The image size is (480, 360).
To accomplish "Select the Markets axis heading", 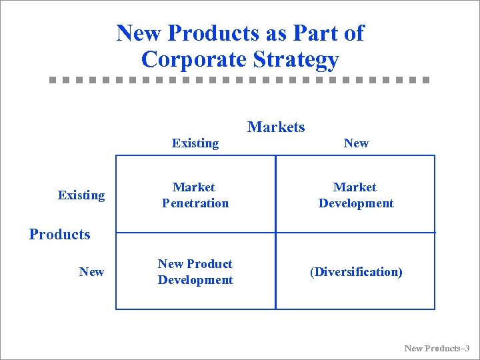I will (276, 127).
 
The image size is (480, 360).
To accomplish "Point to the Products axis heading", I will (59, 234).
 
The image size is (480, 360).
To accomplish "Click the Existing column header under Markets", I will (195, 143).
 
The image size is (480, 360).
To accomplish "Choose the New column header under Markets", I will (356, 143).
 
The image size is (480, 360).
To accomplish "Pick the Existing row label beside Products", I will (81, 195).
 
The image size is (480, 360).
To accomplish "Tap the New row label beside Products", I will (91, 271).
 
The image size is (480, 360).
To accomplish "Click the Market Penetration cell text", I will (195, 195).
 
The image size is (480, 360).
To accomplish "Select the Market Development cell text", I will (356, 195).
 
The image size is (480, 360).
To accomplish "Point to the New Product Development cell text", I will (195, 272).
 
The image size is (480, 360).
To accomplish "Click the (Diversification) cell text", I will (356, 272).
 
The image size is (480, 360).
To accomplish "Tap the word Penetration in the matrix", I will (195, 203).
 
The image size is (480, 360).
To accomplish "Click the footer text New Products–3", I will (437, 348).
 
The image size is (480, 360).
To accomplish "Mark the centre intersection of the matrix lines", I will (275, 233).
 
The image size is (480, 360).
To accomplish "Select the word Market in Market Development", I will (355, 187).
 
